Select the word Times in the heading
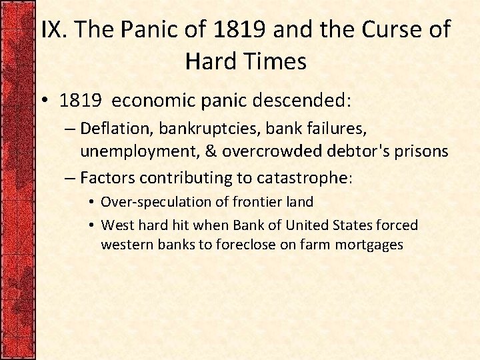coord(277,61)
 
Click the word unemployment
coord(139,151)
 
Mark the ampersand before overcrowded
coord(210,151)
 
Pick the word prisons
coord(421,151)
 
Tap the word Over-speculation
coord(153,201)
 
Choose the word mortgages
coord(369,245)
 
